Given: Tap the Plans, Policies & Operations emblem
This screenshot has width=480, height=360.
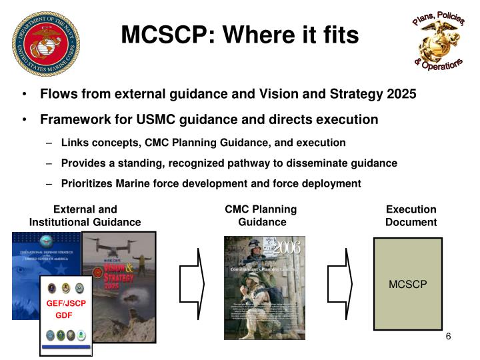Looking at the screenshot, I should (438, 41).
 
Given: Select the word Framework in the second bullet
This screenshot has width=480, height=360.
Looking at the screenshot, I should (73, 120).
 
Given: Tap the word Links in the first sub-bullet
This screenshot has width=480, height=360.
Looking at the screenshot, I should (75, 143).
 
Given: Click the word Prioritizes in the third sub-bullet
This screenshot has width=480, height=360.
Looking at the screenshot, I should (89, 183).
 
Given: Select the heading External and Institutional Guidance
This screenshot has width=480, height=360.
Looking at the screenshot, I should (85, 215).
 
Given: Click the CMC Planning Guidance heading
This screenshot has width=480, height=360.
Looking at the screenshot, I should (261, 215).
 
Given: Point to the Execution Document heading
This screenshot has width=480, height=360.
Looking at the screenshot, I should (411, 215).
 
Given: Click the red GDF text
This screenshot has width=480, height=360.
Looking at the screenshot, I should (64, 315).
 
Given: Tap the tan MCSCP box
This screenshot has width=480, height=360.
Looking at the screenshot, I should (407, 284).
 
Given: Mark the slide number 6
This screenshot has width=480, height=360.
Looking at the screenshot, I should (449, 337).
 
